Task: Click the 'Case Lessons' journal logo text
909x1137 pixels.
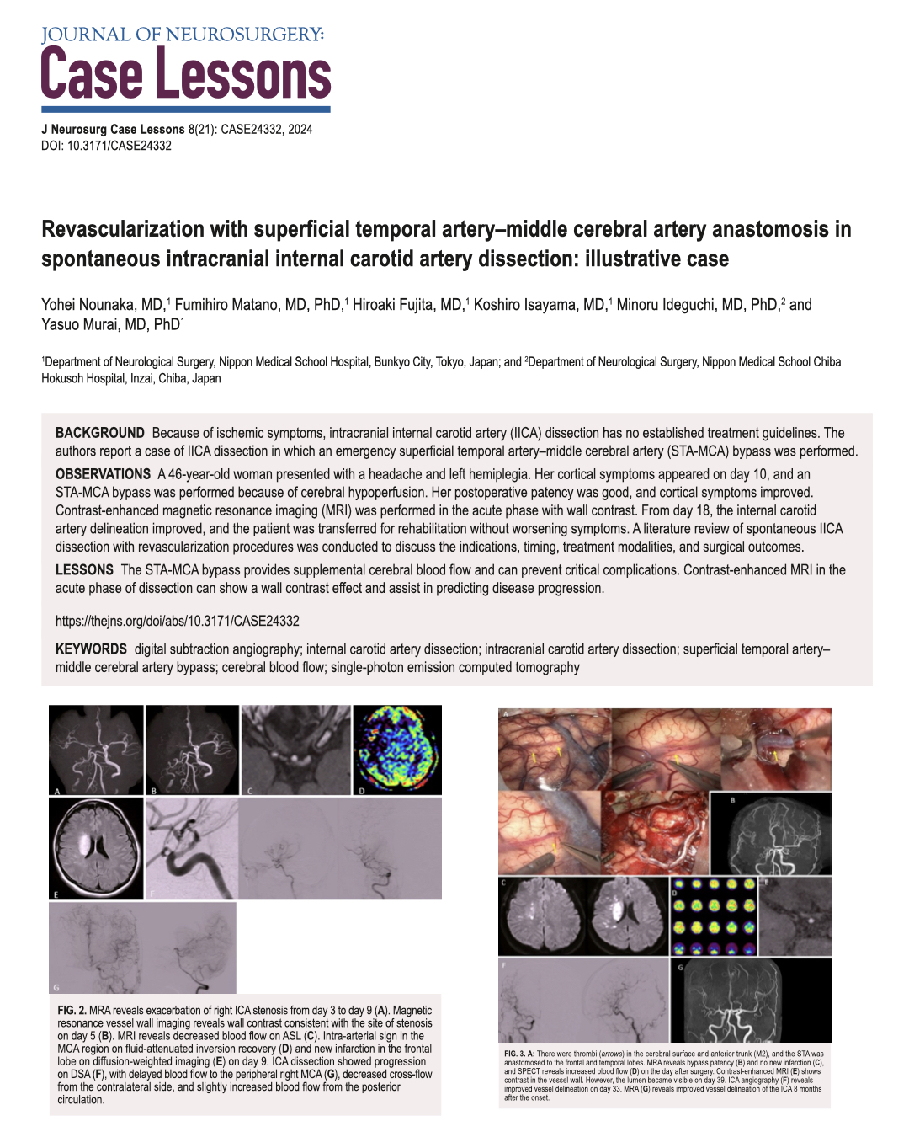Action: coord(186,74)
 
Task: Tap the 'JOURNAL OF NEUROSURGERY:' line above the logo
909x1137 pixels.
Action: coord(183,35)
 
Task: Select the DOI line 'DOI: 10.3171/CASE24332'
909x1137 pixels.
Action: coord(107,146)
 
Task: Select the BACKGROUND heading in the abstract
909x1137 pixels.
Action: coord(100,433)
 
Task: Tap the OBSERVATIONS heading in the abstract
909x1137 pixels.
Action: coord(104,474)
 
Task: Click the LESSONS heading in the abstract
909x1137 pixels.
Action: coord(84,570)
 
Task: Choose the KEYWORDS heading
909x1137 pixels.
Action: coord(91,649)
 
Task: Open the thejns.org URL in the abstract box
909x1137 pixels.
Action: coord(178,621)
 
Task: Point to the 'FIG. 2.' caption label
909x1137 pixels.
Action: coord(72,1011)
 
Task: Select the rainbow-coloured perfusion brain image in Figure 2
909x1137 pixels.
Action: coord(396,750)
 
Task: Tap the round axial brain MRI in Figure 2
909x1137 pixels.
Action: coord(96,849)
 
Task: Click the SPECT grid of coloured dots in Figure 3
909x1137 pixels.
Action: coord(714,916)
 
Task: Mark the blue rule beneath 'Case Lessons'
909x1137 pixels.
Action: coord(186,109)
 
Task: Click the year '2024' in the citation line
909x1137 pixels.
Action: coord(300,130)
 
